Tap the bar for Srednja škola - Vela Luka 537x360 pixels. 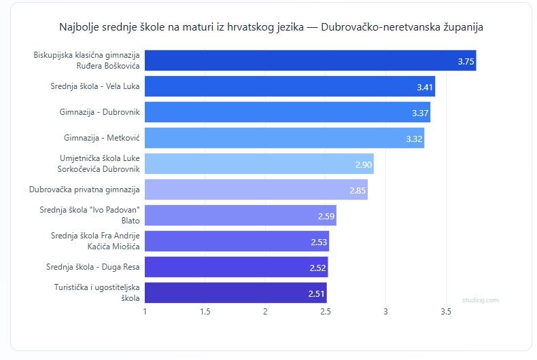tap(290, 86)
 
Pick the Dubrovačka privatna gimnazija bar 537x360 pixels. tap(256, 190)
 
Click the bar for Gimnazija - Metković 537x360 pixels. tap(284, 138)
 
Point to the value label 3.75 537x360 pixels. tap(466, 61)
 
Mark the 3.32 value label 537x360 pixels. tap(414, 139)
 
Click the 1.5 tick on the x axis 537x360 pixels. tap(205, 312)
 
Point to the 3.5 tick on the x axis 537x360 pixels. tap(446, 312)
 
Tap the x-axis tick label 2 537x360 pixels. tap(265, 312)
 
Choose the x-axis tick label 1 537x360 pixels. tap(145, 312)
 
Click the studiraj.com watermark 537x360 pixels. tap(480, 300)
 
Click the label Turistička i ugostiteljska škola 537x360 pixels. tap(97, 293)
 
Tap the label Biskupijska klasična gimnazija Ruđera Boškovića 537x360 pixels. tap(86, 60)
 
